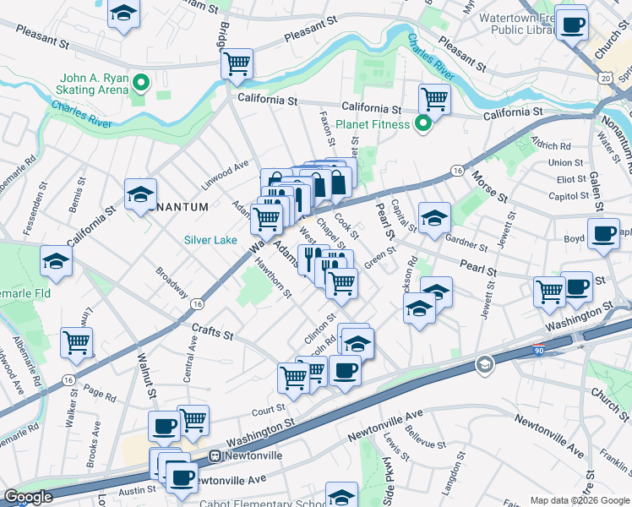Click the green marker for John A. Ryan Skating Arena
coord(142,83)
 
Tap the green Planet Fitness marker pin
coord(426,125)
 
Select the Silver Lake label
coord(211,240)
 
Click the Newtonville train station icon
coord(215,455)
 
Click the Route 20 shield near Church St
coord(605,77)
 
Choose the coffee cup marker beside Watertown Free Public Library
coord(573,25)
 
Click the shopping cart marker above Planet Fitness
coord(434,98)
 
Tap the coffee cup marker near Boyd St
coord(603,233)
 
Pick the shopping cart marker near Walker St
coord(76,342)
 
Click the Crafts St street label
coord(212,335)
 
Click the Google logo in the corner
coord(28,497)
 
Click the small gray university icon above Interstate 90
coord(485,364)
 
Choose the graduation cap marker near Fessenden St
coord(56,261)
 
